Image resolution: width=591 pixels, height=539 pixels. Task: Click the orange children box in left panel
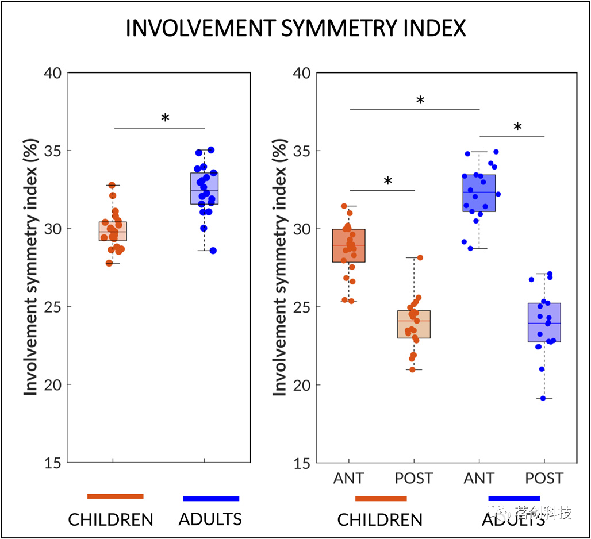[x=113, y=231]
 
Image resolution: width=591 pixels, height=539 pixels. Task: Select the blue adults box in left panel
[x=205, y=188]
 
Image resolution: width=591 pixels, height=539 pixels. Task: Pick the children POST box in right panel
[x=414, y=324]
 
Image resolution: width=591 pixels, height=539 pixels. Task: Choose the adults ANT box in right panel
[x=479, y=193]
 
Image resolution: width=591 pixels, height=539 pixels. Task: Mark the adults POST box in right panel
[x=544, y=322]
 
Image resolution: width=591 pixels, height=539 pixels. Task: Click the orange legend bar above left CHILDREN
[x=115, y=496]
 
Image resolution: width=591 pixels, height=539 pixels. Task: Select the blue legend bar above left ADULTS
[x=211, y=499]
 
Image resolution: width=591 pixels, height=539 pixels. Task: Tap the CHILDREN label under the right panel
[x=379, y=520]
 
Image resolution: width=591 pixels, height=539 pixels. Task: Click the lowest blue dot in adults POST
[x=542, y=398]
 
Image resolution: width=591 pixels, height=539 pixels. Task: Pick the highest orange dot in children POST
[x=420, y=257]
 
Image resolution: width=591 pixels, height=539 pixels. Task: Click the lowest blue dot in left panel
[x=213, y=251]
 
